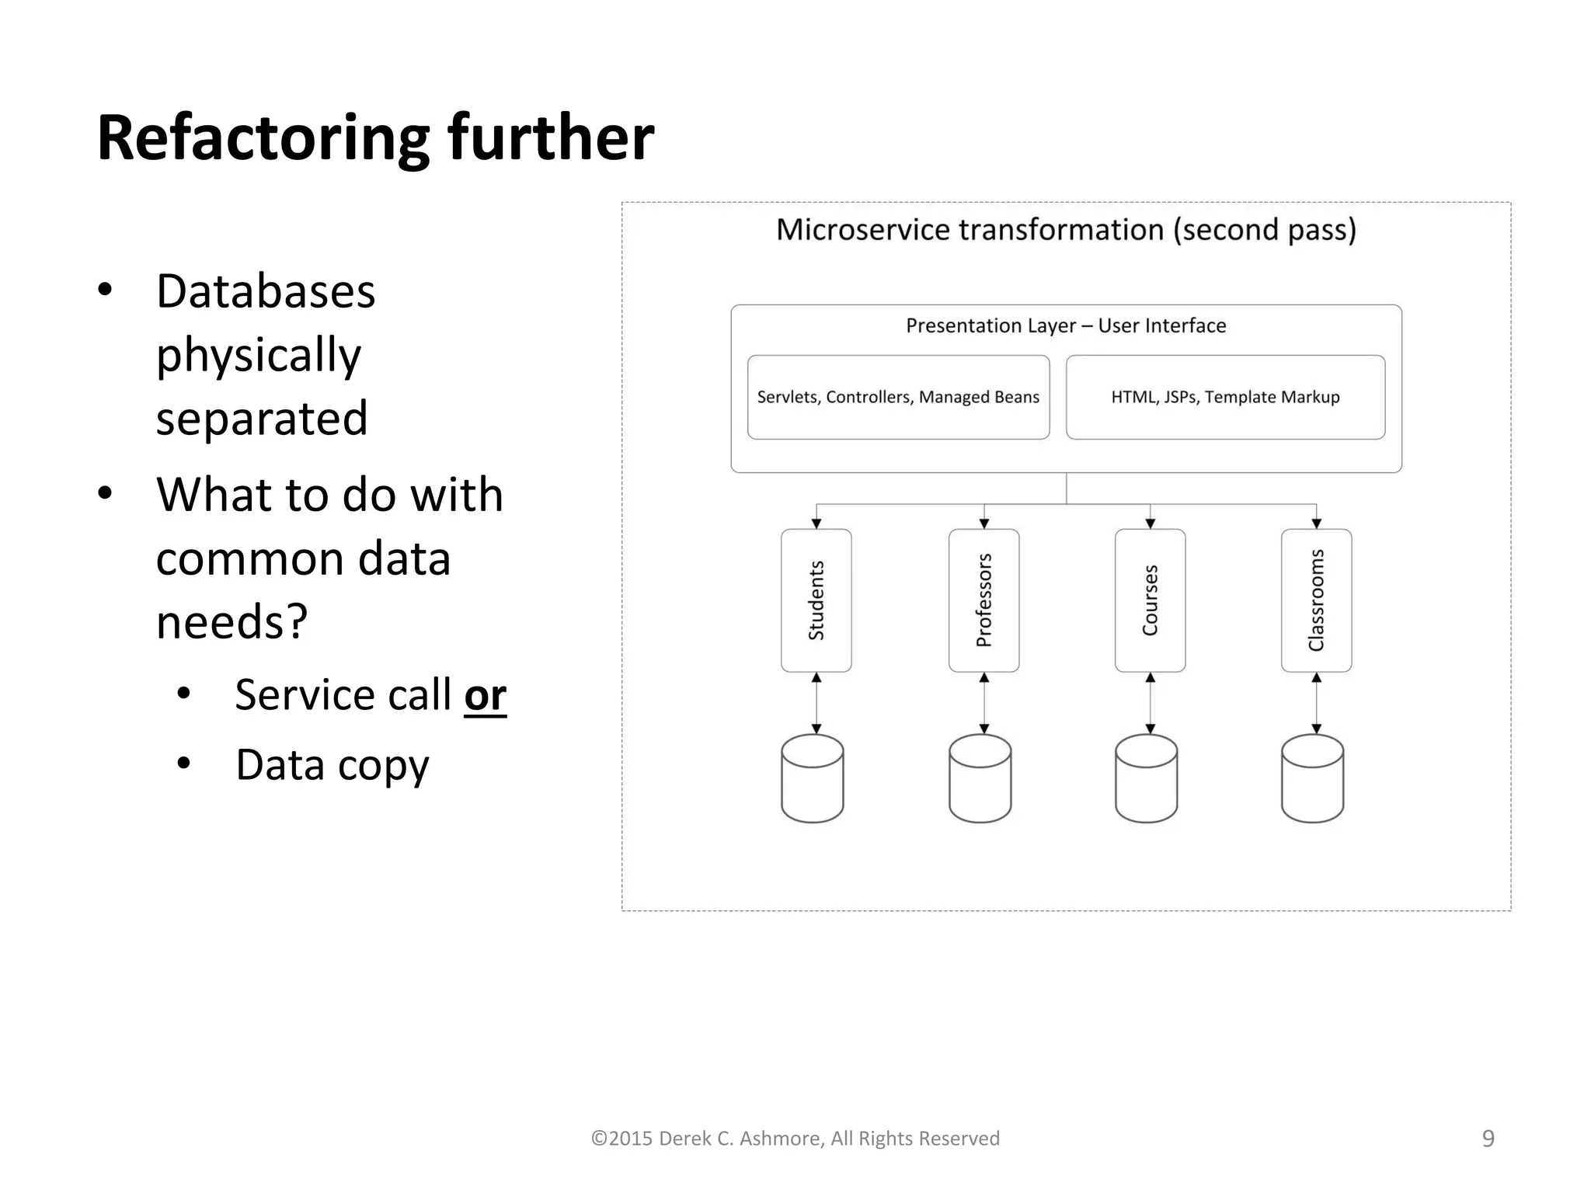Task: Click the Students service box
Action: pos(816,600)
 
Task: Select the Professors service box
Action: pos(983,600)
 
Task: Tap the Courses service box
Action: pos(1150,600)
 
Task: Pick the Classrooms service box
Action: pos(1316,600)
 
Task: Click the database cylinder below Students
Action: pos(813,778)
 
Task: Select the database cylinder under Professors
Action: pos(980,778)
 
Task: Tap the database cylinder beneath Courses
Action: pos(1146,778)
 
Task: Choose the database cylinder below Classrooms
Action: pos(1312,778)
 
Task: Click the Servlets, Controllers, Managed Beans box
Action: pos(898,397)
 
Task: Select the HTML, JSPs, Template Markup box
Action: pos(1225,397)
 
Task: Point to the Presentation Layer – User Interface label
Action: pos(1066,325)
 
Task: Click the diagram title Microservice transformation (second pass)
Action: pos(1066,230)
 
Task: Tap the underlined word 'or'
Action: pos(485,694)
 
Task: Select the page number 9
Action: pos(1488,1138)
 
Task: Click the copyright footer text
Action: pos(795,1138)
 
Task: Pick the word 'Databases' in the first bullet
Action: pos(266,291)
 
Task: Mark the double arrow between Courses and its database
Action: pos(1150,703)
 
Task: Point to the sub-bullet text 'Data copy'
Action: pos(332,765)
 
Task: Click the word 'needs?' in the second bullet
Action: pos(232,622)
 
